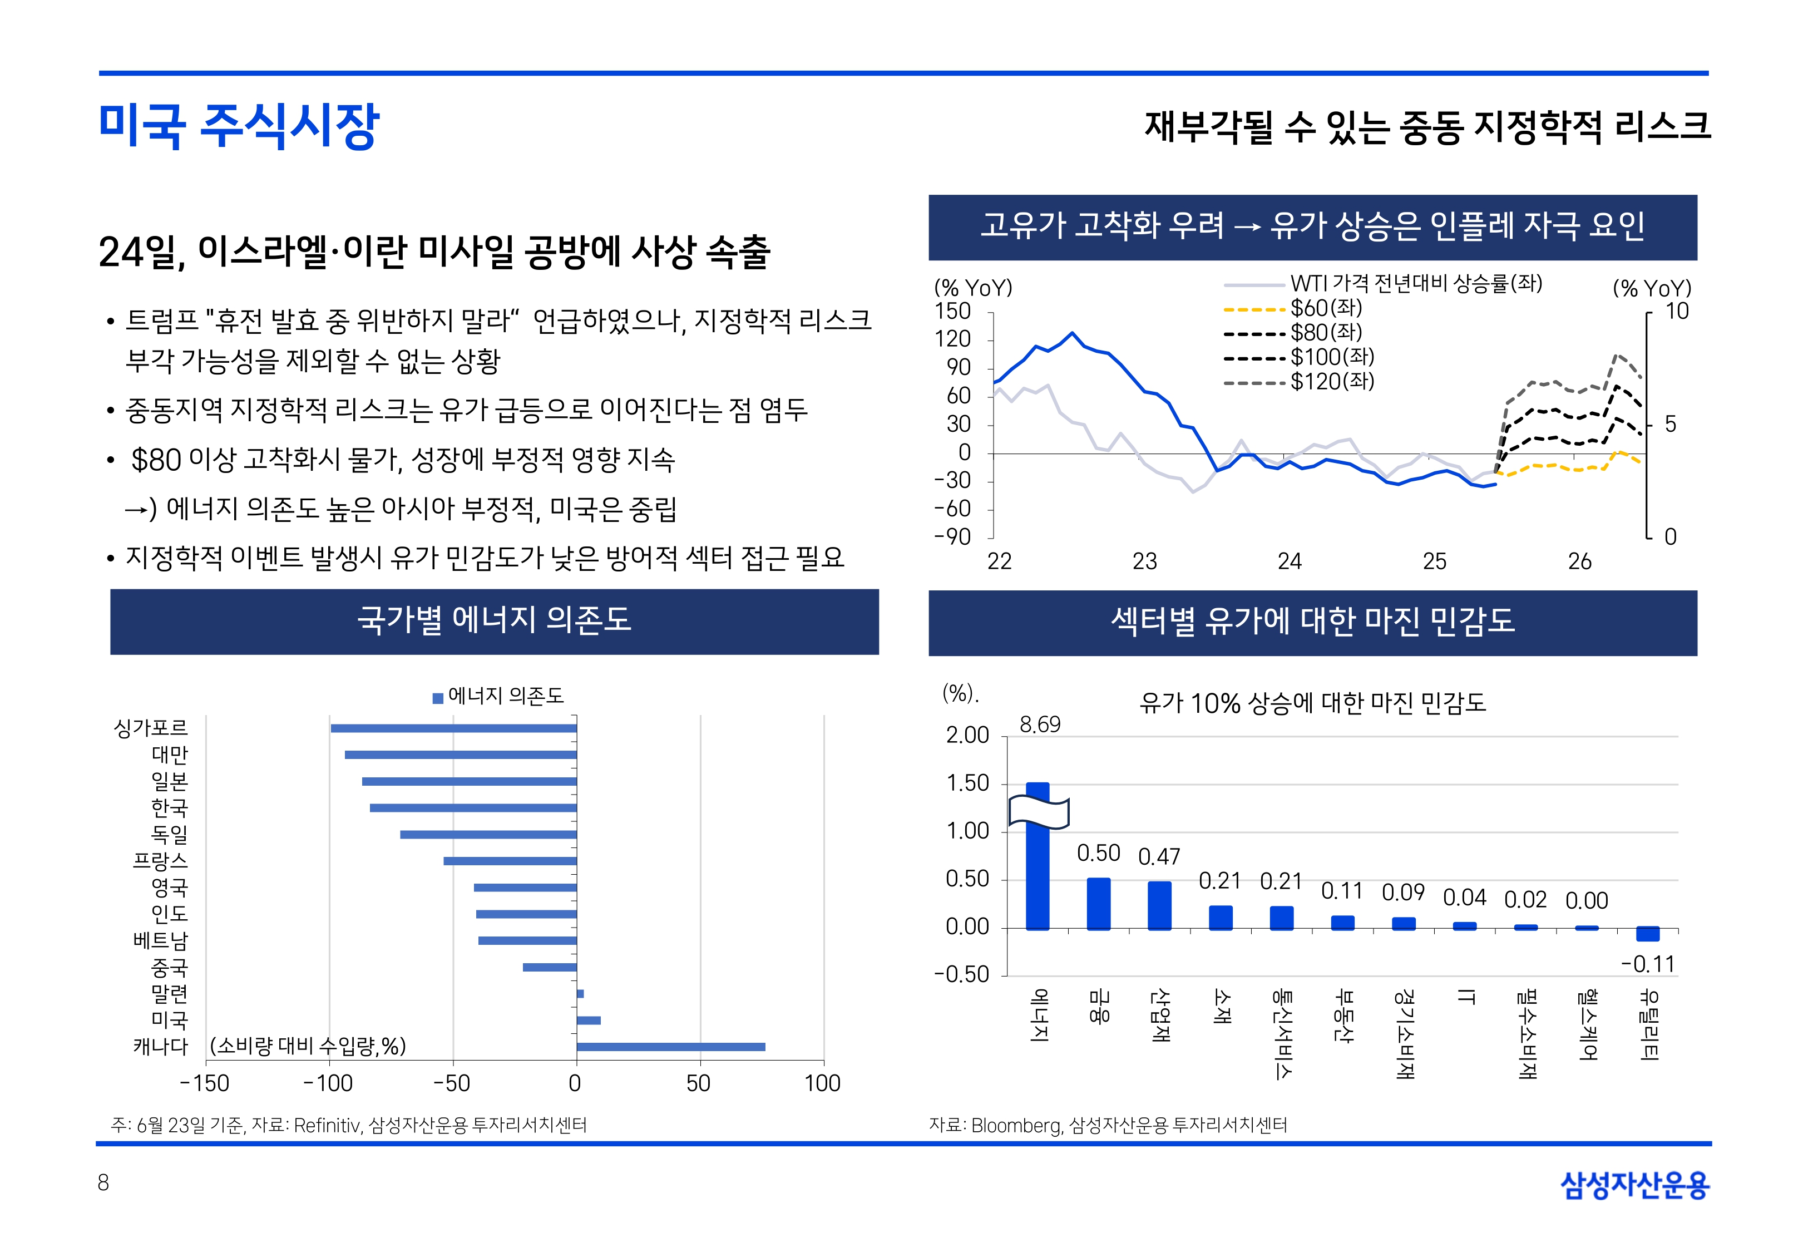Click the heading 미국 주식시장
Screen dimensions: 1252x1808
(x=239, y=126)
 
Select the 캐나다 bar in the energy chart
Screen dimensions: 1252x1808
(x=670, y=1047)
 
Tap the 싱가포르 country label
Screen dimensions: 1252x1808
(x=151, y=728)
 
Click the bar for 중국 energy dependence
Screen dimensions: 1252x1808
(x=550, y=967)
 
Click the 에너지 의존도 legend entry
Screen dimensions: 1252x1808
(x=498, y=696)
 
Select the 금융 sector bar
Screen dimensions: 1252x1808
(x=1099, y=904)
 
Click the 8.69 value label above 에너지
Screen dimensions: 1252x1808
(x=1040, y=725)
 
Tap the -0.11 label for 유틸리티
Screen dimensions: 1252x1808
(x=1647, y=964)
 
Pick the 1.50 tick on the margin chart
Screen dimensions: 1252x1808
(x=967, y=783)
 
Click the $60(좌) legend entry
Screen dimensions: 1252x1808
(x=1325, y=308)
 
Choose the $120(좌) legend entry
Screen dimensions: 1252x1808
(x=1331, y=382)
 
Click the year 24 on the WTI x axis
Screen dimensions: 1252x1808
(x=1290, y=561)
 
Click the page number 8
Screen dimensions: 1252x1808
(x=103, y=1183)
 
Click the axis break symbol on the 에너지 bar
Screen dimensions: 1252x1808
(x=1038, y=812)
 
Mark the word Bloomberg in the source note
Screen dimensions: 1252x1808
(x=1016, y=1126)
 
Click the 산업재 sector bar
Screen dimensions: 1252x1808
(x=1159, y=905)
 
